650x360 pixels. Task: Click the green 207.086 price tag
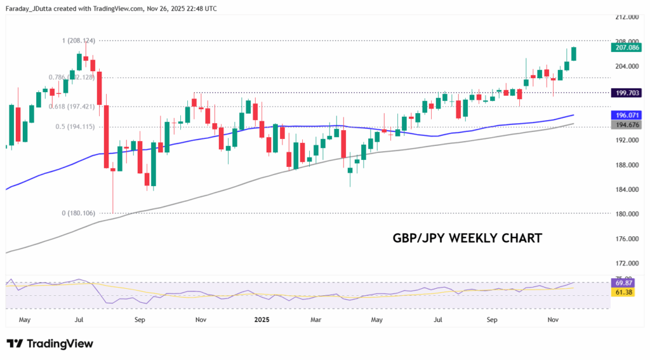(626, 47)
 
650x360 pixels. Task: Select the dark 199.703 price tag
(626, 93)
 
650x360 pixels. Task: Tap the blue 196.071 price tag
(626, 116)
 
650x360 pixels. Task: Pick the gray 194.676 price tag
(626, 125)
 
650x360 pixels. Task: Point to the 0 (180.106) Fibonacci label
(79, 213)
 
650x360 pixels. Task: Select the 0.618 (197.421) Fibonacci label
(72, 107)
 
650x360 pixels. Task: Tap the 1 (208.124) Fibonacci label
(79, 41)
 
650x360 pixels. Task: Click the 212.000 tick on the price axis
(626, 17)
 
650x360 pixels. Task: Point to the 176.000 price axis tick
(626, 239)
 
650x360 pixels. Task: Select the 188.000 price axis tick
(626, 165)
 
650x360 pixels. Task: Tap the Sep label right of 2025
(492, 321)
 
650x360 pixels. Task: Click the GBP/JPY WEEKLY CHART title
(467, 238)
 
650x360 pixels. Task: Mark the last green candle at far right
(574, 54)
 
